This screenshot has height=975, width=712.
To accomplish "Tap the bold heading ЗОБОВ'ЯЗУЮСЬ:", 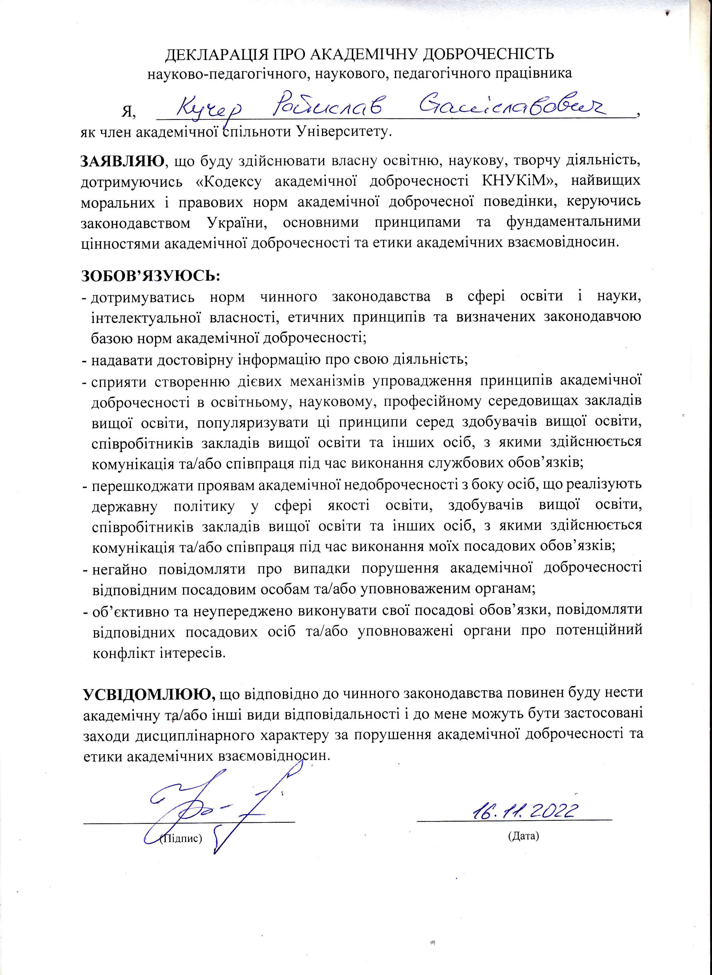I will (151, 276).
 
